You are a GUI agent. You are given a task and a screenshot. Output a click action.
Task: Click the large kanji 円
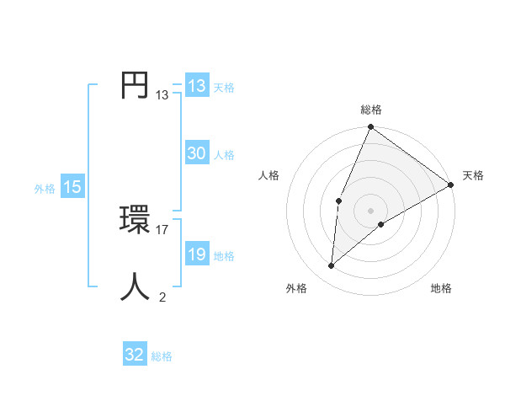(x=136, y=86)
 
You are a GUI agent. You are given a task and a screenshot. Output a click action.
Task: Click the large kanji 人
(x=136, y=286)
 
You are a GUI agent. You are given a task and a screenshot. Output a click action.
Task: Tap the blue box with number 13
(x=196, y=86)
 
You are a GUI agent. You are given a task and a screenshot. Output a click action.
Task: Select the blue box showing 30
(x=196, y=153)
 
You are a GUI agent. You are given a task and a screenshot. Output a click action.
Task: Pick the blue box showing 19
(x=196, y=254)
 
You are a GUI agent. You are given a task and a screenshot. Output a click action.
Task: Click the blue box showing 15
(x=72, y=187)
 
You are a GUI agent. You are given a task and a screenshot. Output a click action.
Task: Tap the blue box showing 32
(x=135, y=355)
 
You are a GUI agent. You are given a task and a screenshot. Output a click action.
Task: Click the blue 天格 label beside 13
(x=223, y=87)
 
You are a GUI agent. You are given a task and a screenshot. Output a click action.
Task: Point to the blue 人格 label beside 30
(x=224, y=154)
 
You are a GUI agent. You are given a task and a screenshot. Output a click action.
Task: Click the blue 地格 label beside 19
(x=224, y=255)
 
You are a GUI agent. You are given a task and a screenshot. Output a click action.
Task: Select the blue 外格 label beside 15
(x=45, y=189)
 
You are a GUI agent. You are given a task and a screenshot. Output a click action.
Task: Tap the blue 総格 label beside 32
(x=162, y=356)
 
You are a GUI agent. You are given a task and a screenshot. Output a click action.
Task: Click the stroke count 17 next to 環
(x=162, y=229)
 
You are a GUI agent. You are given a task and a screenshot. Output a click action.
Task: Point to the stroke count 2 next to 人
(x=162, y=297)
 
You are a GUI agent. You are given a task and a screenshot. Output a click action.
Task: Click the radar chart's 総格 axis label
(x=371, y=110)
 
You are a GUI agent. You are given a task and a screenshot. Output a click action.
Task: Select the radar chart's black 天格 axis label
(x=473, y=175)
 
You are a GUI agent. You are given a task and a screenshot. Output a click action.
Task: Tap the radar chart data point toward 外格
(x=332, y=266)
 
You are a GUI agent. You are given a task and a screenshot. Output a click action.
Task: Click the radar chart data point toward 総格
(x=371, y=127)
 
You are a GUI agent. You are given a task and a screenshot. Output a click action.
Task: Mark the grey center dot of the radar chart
(x=371, y=211)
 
